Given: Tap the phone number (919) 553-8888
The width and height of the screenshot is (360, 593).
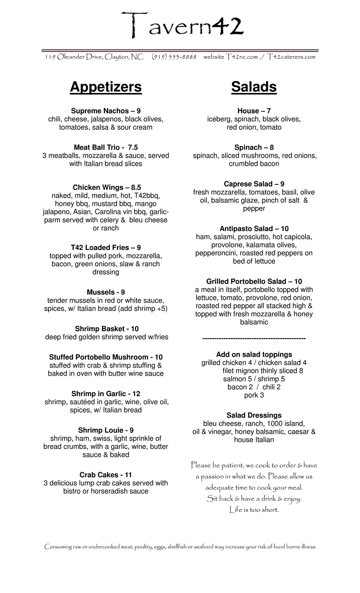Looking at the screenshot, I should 174,57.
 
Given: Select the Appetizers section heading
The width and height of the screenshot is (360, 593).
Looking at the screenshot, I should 106,87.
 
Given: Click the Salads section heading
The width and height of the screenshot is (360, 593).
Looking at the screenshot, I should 254,87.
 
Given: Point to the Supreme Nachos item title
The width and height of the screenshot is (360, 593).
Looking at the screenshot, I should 106,111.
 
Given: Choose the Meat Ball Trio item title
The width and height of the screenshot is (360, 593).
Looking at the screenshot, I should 106,147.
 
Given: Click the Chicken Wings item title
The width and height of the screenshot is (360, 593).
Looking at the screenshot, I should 107,187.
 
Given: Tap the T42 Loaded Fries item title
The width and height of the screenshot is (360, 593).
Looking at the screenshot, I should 106,248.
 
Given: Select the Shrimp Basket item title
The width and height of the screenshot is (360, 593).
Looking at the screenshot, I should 107,329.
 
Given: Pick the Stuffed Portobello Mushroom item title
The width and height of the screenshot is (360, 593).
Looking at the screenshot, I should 106,357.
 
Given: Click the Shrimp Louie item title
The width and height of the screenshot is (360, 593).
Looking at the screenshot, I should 106,430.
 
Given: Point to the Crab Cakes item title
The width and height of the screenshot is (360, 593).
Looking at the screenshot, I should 106,475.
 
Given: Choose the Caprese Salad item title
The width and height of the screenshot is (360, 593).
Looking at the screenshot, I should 254,184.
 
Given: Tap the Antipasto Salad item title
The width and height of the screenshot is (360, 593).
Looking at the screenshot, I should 254,228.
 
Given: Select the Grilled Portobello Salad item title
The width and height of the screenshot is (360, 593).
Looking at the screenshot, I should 254,281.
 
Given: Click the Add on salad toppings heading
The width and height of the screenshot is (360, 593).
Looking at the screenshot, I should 254,354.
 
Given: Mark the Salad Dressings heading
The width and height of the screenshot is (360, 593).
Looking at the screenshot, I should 254,415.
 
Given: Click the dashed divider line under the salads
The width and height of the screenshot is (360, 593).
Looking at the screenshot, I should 254,338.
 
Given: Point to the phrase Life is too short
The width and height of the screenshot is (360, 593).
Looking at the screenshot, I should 254,509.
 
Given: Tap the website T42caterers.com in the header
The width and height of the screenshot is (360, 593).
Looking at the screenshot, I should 291,57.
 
